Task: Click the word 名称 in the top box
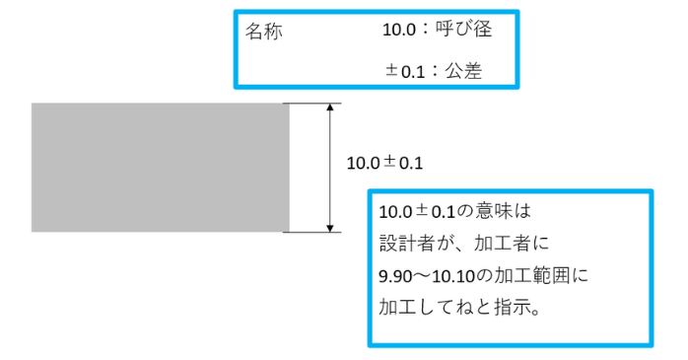coord(263,32)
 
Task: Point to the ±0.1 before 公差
coord(404,70)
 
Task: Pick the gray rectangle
coord(160,168)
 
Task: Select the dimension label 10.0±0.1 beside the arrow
coord(384,162)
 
